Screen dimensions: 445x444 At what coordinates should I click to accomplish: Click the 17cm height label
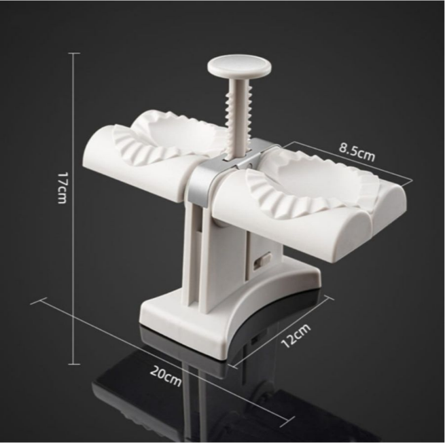[62, 187]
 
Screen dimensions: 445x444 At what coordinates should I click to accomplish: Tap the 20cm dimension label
[166, 376]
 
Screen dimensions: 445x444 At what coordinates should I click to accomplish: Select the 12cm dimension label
[296, 335]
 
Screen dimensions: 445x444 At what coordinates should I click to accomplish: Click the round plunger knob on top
[239, 67]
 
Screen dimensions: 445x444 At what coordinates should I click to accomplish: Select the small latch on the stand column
[262, 261]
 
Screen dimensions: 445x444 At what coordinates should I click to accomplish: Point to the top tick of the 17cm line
[74, 53]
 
